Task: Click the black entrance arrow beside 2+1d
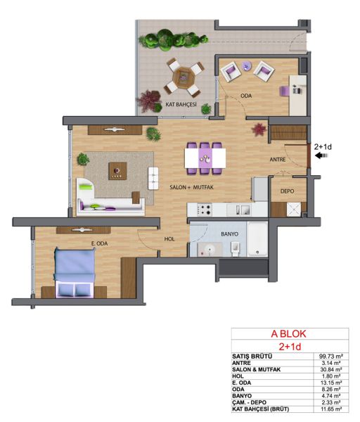point(322,155)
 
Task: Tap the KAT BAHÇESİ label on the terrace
point(181,104)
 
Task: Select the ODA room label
point(246,96)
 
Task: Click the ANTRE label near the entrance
point(278,160)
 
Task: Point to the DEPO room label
point(287,191)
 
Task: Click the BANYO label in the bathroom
point(229,234)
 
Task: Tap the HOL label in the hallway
point(169,239)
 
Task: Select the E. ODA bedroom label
point(99,243)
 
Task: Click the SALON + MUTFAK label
point(191,187)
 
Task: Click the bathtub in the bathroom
point(257,238)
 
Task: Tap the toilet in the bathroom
point(235,249)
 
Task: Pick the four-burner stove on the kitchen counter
point(205,210)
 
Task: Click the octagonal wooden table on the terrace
point(183,77)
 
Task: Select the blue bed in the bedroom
point(75,272)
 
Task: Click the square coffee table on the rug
point(117,171)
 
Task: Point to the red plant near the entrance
point(259,129)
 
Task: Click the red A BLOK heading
point(288,334)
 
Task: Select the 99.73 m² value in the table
point(331,356)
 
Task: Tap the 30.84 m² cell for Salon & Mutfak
point(331,369)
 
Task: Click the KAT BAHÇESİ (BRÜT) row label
point(260,409)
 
